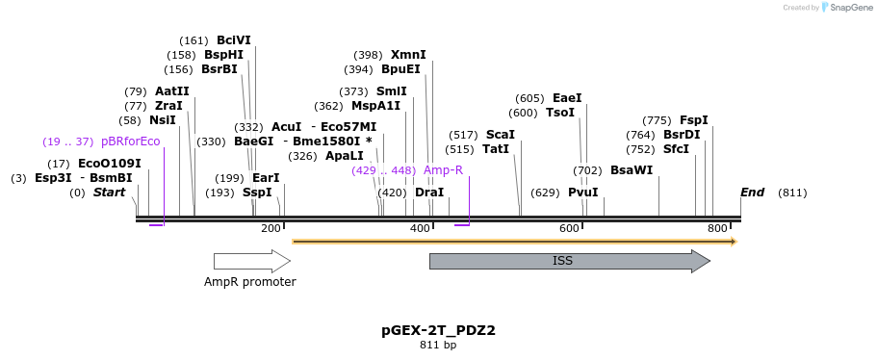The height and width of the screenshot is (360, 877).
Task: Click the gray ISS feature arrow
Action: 568,261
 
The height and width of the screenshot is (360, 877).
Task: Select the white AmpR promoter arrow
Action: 251,261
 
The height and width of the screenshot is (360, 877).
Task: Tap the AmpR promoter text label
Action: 249,282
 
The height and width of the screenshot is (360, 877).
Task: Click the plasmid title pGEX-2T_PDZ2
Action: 438,330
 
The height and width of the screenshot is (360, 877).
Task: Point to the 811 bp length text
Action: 438,345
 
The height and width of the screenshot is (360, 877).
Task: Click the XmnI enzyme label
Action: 408,55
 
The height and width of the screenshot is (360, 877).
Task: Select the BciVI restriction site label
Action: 234,40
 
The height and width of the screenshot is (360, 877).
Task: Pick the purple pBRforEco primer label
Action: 130,141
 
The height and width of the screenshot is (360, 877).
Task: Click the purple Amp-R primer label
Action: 443,170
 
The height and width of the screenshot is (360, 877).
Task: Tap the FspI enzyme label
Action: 694,120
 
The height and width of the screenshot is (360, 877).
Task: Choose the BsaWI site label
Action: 632,170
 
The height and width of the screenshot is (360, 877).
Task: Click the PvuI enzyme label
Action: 583,193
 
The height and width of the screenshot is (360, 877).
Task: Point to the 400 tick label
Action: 420,228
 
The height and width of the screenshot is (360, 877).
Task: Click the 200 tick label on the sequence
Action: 271,228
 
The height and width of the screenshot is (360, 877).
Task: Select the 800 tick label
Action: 717,228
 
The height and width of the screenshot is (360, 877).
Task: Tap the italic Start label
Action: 109,193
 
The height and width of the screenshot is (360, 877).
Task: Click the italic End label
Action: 752,193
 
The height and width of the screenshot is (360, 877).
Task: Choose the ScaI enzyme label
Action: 501,135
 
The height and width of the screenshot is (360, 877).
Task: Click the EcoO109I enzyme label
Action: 110,164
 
